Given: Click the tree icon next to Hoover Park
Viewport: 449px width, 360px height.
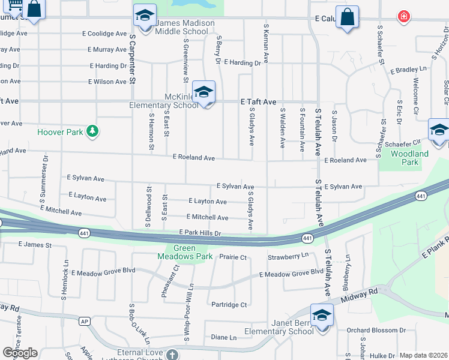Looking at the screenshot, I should click(x=92, y=131).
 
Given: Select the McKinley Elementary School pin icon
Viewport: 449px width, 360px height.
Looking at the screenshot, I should click(x=204, y=92).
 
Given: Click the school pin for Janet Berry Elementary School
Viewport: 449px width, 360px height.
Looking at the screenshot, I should click(x=322, y=315).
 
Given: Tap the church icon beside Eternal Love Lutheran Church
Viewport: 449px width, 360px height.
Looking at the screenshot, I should click(x=172, y=354).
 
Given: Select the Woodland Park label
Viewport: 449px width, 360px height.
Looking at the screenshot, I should click(x=409, y=158).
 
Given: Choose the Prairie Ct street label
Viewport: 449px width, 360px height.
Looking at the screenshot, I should click(x=233, y=257).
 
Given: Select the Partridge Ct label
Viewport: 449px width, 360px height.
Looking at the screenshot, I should click(x=229, y=305).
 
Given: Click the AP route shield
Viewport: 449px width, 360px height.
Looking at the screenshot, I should click(x=85, y=321).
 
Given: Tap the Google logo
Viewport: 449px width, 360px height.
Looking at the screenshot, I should click(x=20, y=353).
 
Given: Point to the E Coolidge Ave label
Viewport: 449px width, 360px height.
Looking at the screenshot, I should click(x=107, y=34).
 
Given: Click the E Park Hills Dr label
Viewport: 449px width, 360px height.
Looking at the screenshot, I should click(x=200, y=233).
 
